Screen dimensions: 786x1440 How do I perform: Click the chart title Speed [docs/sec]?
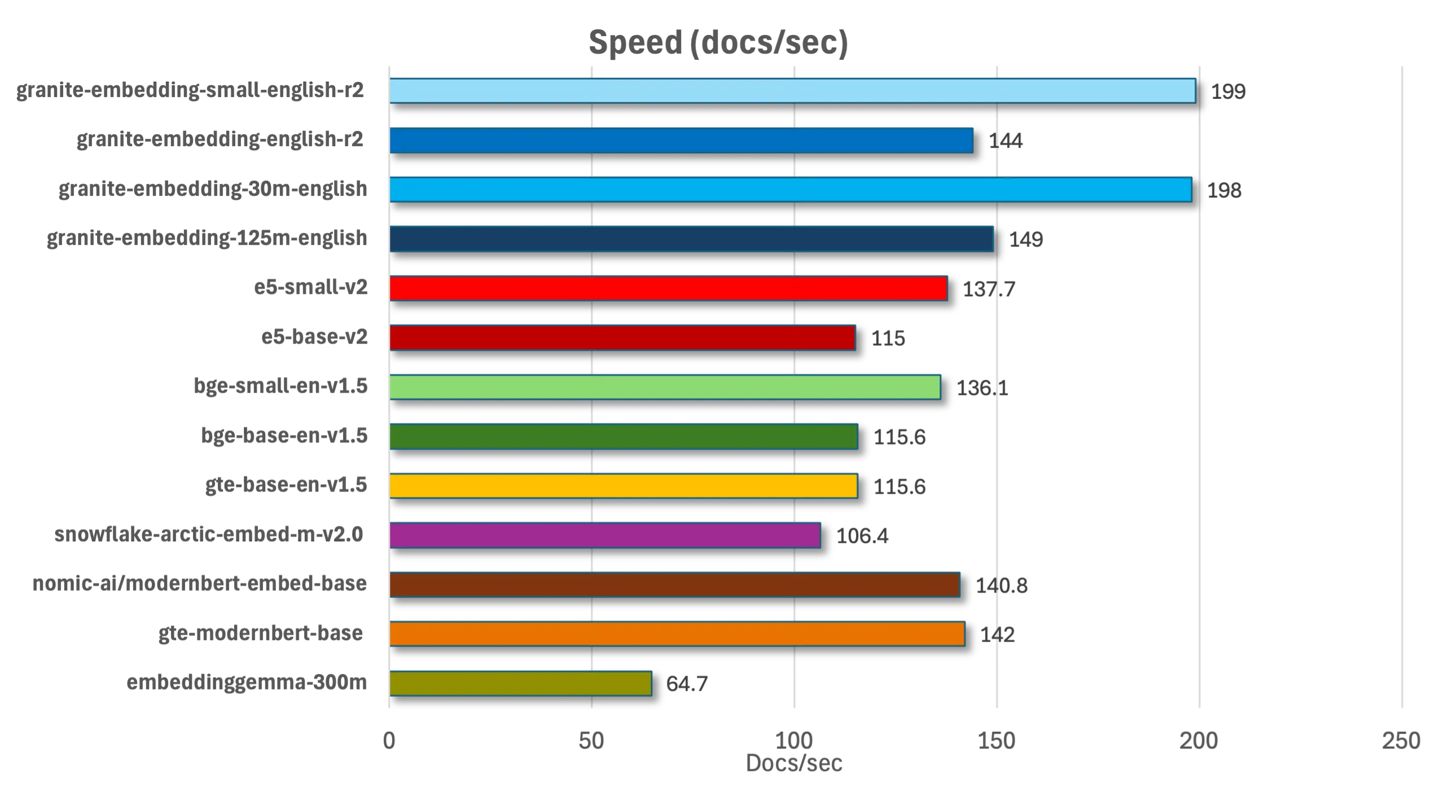(718, 43)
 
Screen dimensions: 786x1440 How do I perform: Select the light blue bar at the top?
(792, 91)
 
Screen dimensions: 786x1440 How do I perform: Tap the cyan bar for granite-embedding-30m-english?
(790, 190)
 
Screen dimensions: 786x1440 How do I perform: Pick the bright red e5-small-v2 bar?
(668, 288)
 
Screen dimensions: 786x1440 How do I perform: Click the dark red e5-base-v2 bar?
(622, 337)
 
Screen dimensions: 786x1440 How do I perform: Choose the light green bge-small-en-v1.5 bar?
(665, 387)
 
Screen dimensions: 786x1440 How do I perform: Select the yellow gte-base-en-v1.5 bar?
(624, 486)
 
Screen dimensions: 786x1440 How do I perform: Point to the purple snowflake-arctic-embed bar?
(605, 535)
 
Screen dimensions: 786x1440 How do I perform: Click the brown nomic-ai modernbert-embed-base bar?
(674, 585)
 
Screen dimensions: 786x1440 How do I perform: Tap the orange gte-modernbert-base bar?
(677, 634)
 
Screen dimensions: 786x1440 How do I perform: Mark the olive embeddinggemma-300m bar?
(520, 683)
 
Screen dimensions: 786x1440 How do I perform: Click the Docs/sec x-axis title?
(793, 762)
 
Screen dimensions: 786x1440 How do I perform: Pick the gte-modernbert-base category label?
(261, 634)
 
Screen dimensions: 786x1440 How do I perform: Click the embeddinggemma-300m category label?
(248, 683)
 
